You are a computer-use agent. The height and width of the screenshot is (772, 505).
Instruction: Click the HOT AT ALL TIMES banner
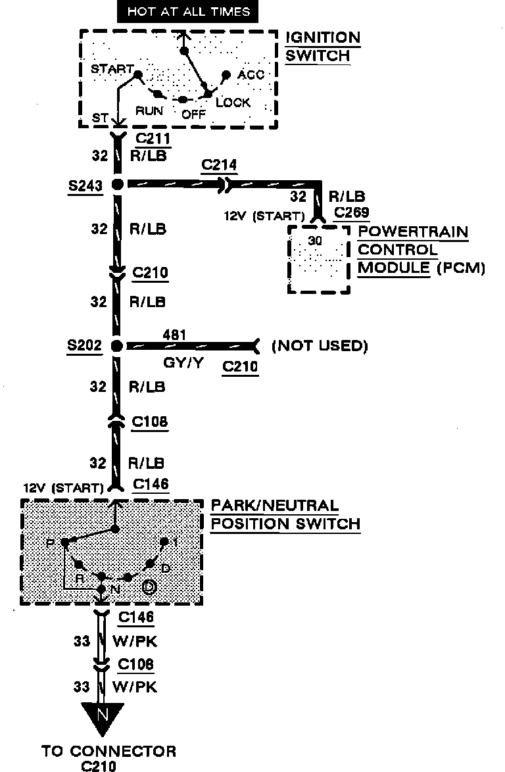tap(189, 12)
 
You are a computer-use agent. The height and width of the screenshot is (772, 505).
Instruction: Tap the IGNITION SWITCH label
tap(322, 46)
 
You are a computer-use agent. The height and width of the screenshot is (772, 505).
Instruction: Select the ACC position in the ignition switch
tap(251, 75)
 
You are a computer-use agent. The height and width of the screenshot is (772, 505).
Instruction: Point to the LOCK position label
tap(233, 103)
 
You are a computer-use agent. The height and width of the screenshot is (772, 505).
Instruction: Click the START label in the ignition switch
tap(112, 69)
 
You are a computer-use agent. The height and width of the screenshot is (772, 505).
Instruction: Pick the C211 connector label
tap(153, 139)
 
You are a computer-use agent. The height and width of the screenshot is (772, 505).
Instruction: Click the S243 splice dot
tap(117, 185)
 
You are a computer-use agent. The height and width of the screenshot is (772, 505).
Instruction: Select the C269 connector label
tap(352, 212)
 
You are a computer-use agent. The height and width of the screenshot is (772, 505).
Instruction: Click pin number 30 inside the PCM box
tap(315, 241)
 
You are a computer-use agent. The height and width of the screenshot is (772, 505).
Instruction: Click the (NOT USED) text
tap(320, 346)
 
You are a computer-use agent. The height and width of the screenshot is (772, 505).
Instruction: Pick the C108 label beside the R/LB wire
tap(150, 422)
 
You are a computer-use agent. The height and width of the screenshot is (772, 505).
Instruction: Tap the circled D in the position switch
tap(149, 587)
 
